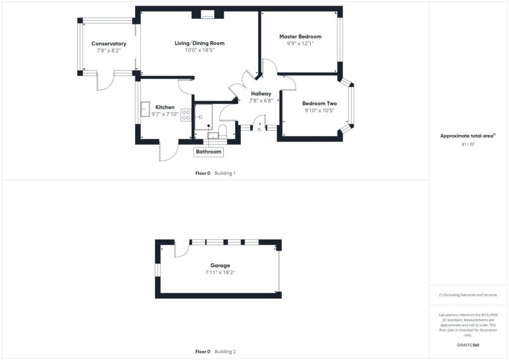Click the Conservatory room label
click(109, 43)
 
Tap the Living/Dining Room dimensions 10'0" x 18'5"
click(200, 50)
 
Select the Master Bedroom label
click(300, 36)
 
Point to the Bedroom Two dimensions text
click(320, 110)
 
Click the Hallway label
click(261, 94)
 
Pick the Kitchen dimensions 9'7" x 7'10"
click(165, 114)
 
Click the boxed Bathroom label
click(208, 152)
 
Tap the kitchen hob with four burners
click(186, 115)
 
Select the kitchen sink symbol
click(145, 109)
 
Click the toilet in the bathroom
click(223, 131)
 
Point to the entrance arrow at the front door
click(259, 130)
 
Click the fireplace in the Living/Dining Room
click(207, 14)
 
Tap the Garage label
click(220, 265)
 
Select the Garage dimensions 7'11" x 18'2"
click(220, 272)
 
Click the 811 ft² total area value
click(468, 144)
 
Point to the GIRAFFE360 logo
click(468, 345)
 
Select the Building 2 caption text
click(225, 352)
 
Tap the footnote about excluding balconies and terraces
click(468, 295)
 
